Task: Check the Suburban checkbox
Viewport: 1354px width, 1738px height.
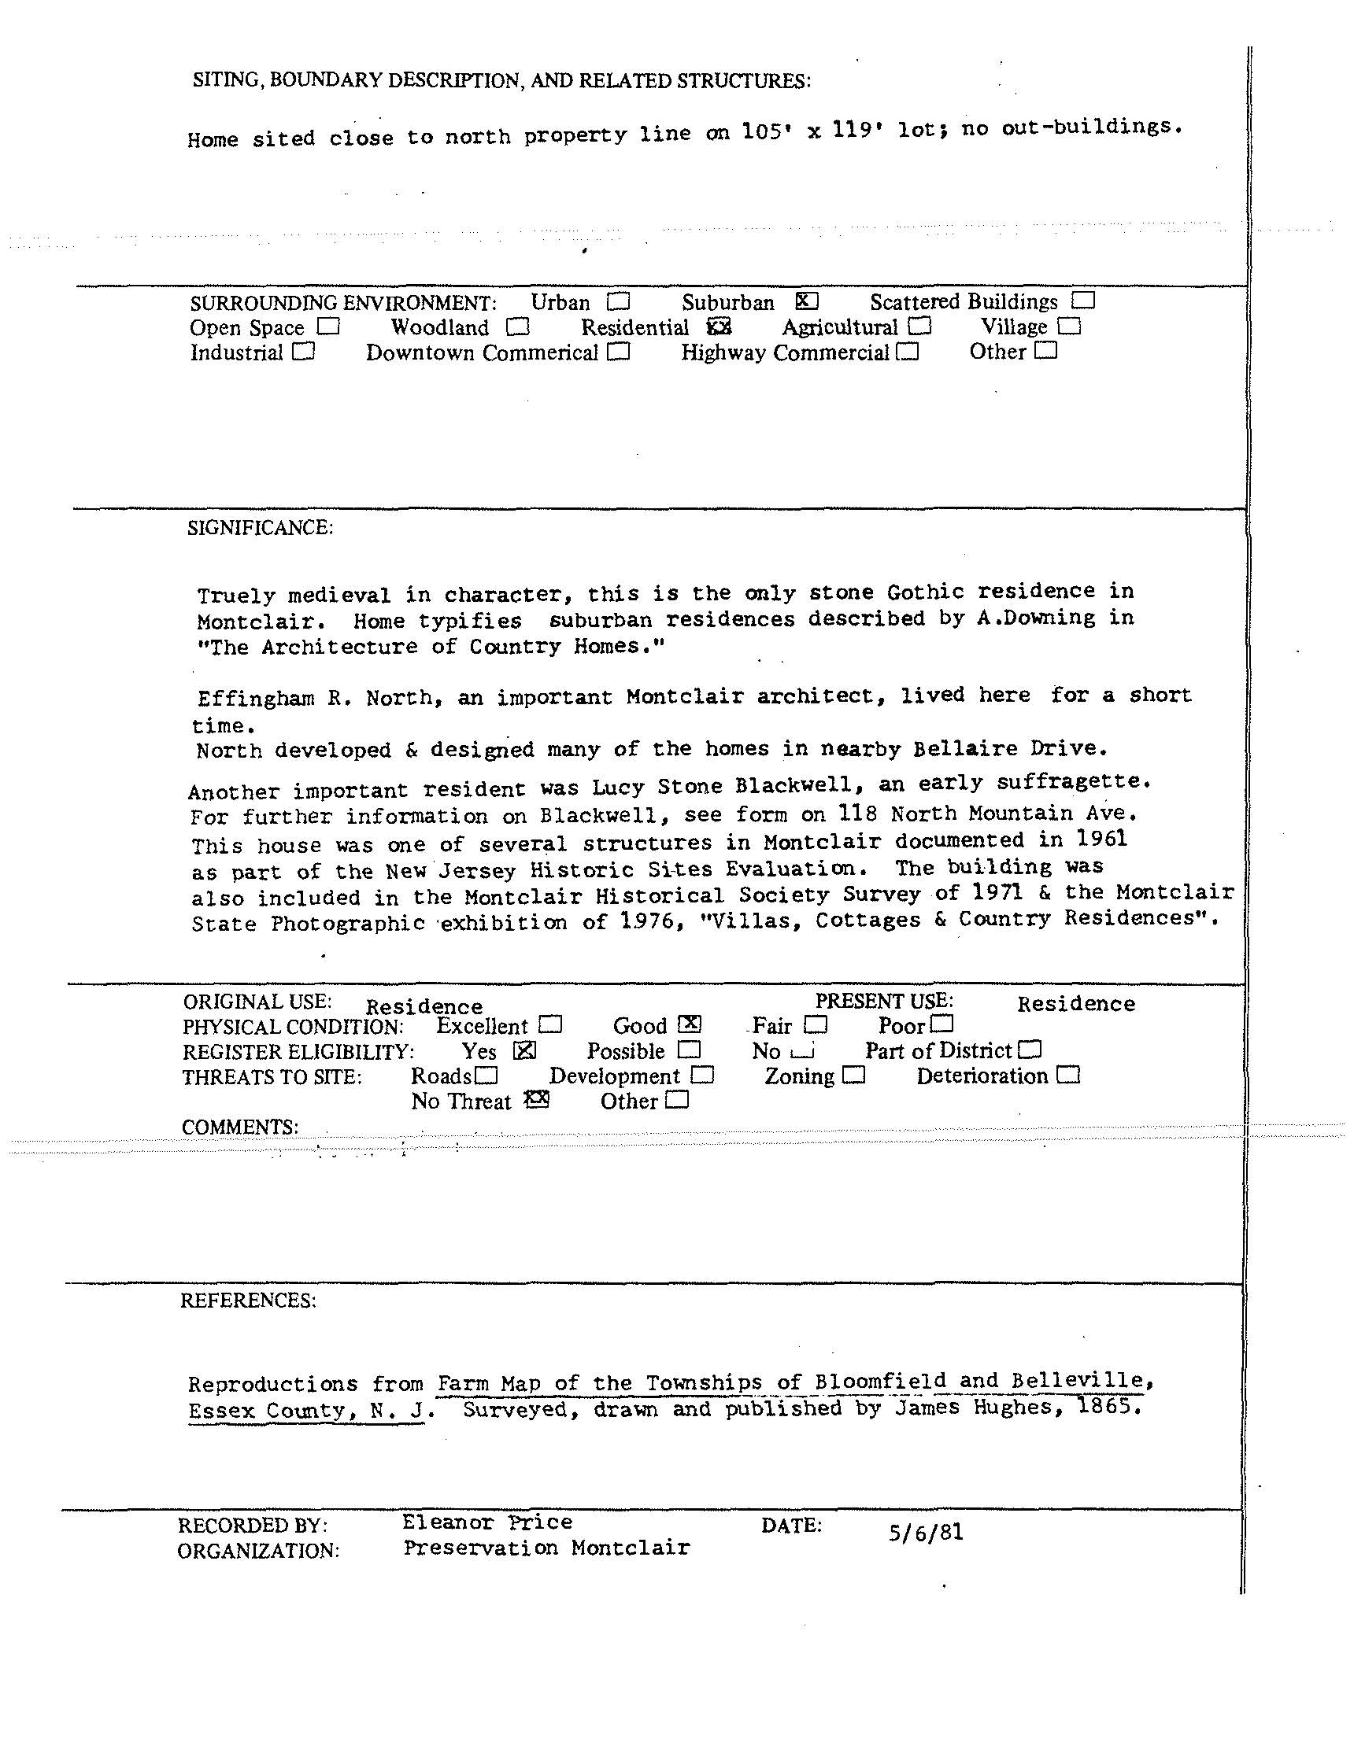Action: [806, 301]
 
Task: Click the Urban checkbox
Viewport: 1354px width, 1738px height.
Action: [618, 302]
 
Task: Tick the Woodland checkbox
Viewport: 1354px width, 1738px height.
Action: [517, 327]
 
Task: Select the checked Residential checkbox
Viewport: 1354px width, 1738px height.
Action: [719, 327]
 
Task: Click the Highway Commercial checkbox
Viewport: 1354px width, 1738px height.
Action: [907, 352]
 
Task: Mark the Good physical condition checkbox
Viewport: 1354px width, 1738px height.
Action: [690, 1024]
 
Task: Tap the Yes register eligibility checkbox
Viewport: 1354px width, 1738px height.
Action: [524, 1050]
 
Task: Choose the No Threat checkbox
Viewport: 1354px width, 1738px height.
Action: [538, 1100]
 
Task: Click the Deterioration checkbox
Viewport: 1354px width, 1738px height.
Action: [1068, 1075]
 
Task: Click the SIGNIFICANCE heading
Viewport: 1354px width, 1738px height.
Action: [261, 528]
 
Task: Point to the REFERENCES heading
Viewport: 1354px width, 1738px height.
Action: [248, 1301]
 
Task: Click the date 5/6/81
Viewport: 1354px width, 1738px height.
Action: [926, 1533]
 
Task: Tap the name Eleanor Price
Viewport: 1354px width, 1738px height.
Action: [487, 1522]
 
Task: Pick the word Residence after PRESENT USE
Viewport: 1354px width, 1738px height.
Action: [1075, 1003]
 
